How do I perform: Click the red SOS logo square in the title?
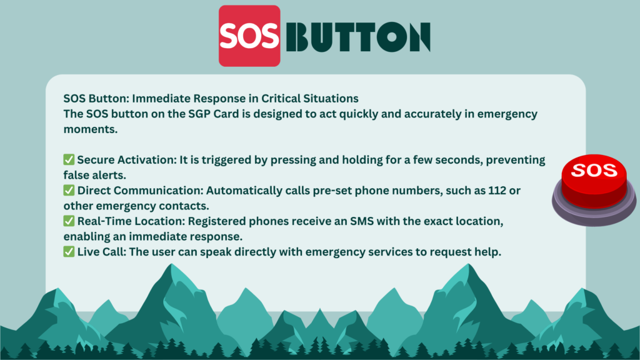(x=249, y=36)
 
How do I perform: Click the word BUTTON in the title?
(x=358, y=37)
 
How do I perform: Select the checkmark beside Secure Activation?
(x=69, y=159)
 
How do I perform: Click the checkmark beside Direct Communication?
(x=69, y=190)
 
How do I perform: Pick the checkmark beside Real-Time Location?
(x=69, y=221)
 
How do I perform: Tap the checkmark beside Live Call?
(x=69, y=251)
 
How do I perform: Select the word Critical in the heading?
(x=278, y=99)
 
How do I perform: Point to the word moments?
(x=91, y=129)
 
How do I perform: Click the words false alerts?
(x=95, y=175)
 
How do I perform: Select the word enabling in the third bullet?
(x=84, y=237)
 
